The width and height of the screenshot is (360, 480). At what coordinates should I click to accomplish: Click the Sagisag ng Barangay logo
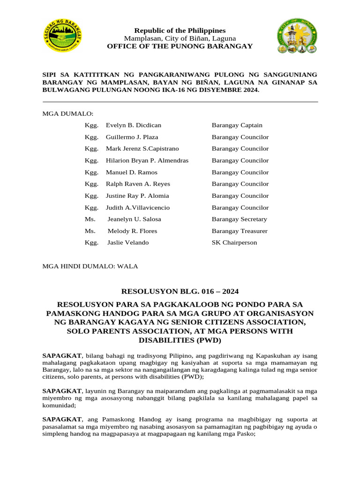pos(63,36)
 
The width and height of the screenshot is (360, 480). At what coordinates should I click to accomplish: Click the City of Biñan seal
pos(297,36)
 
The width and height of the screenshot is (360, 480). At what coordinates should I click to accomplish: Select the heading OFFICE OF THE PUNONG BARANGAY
pos(180,46)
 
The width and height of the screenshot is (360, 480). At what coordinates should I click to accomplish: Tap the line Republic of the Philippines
pos(180,30)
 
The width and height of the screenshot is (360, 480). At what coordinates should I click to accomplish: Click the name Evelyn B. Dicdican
pos(133,125)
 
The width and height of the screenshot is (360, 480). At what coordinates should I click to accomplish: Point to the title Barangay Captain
pos(237,125)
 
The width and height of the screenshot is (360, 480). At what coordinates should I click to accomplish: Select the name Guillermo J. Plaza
pos(132,137)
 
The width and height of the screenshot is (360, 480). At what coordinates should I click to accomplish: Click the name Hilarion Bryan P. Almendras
pos(147,160)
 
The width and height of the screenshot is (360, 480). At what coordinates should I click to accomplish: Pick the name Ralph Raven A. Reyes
pos(138,184)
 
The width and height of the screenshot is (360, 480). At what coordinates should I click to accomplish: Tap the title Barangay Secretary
pos(239,219)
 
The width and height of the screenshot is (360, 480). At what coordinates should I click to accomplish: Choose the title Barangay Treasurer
pos(240,231)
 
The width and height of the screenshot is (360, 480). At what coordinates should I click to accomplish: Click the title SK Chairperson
pos(234,242)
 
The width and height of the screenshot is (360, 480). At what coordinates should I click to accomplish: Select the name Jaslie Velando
pos(128,242)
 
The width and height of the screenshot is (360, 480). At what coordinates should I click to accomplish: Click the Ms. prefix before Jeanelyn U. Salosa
pos(90,219)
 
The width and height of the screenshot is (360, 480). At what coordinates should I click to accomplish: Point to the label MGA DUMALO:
pos(68,113)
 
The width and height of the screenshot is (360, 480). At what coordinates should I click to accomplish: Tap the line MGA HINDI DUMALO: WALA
pos(90,266)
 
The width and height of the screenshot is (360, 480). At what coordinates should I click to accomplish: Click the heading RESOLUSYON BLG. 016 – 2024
pos(180,291)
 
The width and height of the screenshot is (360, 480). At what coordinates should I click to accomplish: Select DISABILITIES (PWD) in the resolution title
pos(180,340)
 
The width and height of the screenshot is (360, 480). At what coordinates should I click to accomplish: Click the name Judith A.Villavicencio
pos(138,207)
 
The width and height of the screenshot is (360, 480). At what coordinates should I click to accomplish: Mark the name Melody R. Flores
pos(132,231)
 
